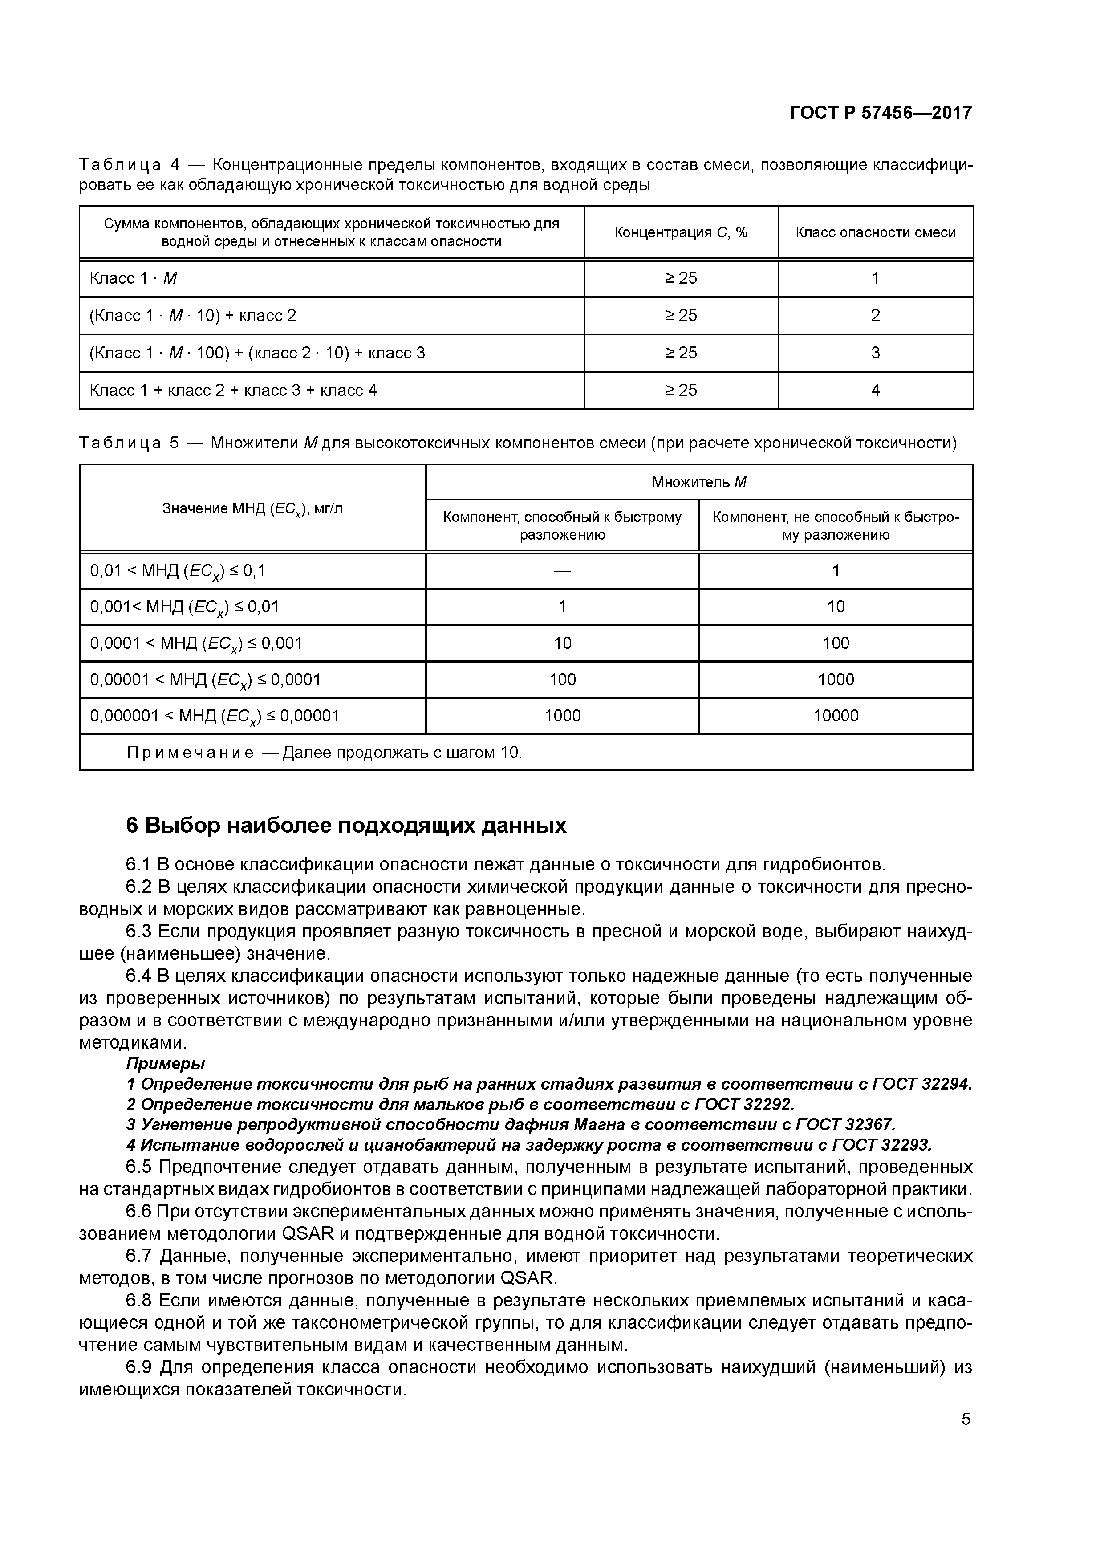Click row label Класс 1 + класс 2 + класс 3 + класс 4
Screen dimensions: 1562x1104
pos(233,390)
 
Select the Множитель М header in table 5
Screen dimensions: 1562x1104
pos(698,482)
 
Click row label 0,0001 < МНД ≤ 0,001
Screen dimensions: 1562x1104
pos(196,643)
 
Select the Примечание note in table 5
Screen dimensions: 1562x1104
pos(325,753)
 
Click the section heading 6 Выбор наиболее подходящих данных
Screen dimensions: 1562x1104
pos(346,825)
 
